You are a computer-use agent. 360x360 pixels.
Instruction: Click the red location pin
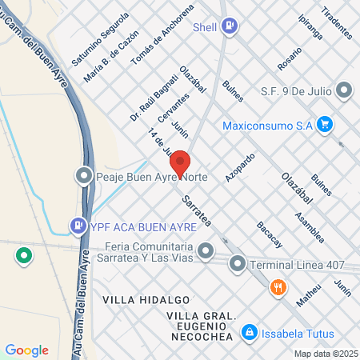180,163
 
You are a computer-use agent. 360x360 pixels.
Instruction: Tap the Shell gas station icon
230,26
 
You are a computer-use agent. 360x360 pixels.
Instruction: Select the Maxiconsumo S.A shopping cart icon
324,124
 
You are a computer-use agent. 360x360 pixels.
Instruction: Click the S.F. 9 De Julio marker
345,90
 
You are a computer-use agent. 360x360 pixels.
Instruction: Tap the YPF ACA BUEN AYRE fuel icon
78,226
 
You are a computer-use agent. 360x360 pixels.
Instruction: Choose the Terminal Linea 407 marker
238,263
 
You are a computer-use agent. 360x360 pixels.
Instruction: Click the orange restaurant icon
278,287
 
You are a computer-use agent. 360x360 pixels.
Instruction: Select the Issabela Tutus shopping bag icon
250,331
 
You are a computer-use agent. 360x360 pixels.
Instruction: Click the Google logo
26,350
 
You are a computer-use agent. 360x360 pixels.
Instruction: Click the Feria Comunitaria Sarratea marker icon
206,253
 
